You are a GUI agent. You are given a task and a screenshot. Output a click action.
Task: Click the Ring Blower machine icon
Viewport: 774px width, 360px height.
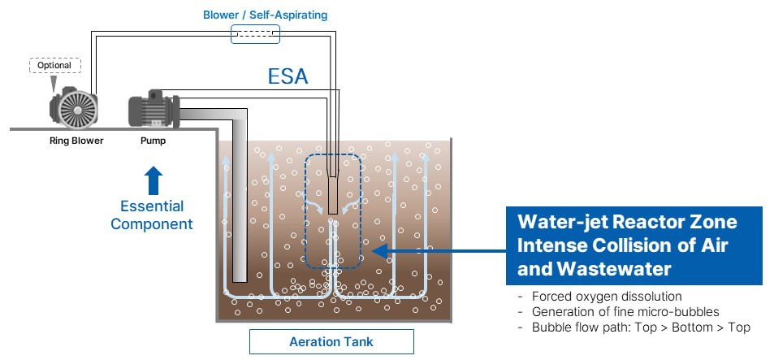[73, 108]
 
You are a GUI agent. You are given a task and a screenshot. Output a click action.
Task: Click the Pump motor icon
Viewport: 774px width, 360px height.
[153, 109]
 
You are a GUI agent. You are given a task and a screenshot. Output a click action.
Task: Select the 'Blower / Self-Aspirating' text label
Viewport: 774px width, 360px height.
[254, 15]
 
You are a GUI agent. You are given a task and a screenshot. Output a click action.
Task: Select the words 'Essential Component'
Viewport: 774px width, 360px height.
[152, 215]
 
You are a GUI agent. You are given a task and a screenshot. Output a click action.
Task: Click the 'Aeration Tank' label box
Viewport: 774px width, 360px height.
[331, 341]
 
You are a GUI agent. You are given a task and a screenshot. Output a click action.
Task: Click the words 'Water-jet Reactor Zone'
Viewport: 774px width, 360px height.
[626, 222]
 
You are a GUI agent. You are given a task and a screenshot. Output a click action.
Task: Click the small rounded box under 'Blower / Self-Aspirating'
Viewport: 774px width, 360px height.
[255, 33]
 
